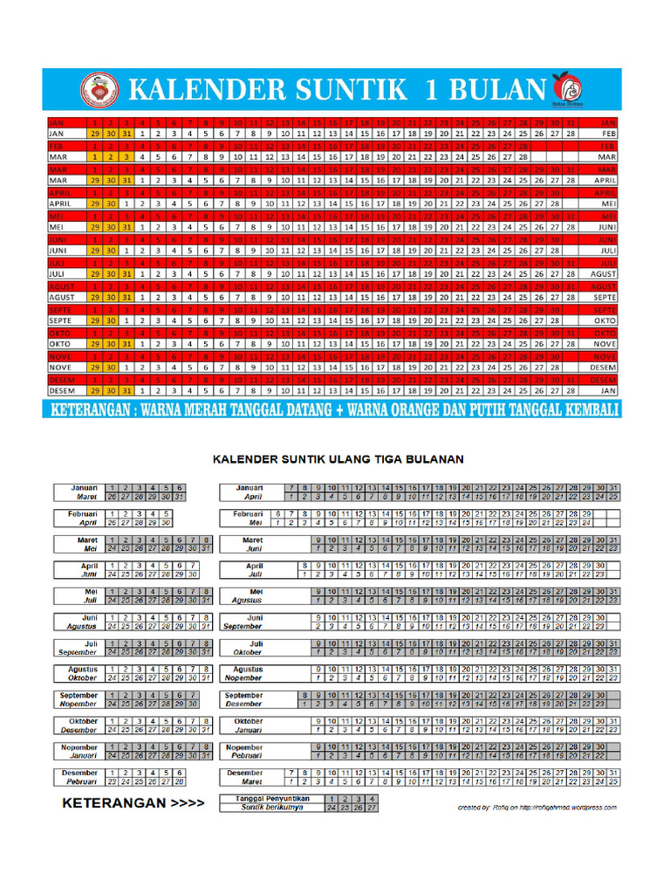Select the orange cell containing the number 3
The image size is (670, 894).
coord(126,156)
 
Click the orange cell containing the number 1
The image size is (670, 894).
coord(93,156)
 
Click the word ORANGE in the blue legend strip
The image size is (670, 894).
coord(405,410)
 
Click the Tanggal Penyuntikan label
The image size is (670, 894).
coord(270,799)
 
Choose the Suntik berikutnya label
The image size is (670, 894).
coord(270,808)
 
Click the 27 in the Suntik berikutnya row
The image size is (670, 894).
coord(373,808)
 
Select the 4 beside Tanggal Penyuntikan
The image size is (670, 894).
coord(373,799)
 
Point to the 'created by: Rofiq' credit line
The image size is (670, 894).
coord(537,808)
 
